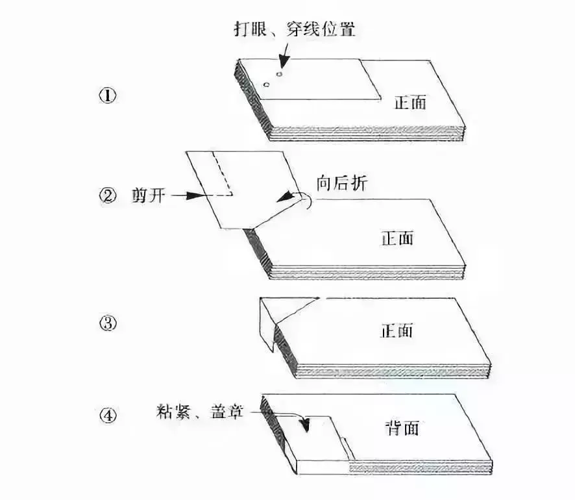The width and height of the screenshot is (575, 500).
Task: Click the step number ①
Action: (x=107, y=95)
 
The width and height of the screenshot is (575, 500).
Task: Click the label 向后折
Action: (x=340, y=183)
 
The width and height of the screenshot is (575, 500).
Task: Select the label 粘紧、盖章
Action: (x=199, y=411)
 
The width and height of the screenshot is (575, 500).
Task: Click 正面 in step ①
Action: (x=410, y=102)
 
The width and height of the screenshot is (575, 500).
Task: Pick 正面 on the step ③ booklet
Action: (x=397, y=331)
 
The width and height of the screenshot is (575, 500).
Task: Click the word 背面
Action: (x=401, y=429)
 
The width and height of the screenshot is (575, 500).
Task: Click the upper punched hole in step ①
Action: (x=280, y=74)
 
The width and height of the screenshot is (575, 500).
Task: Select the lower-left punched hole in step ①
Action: (x=265, y=85)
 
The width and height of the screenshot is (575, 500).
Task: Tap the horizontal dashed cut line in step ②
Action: (x=222, y=194)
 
